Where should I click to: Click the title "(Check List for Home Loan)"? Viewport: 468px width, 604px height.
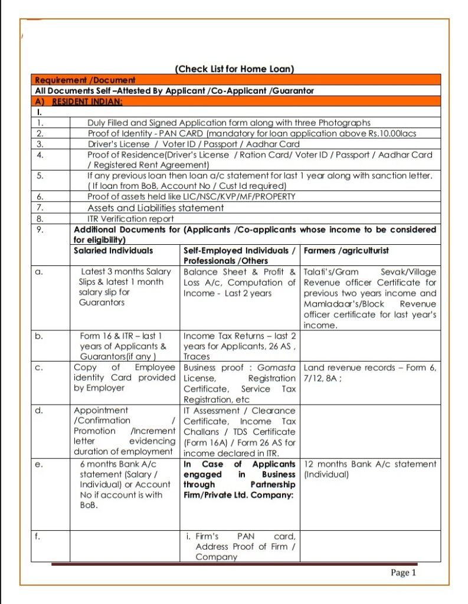click(x=234, y=69)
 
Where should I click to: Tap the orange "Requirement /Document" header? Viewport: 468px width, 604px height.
click(x=85, y=80)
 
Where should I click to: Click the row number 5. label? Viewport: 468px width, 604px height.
click(x=40, y=175)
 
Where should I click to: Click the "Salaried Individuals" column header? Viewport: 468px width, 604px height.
click(x=113, y=250)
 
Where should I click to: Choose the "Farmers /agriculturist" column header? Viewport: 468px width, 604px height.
click(x=346, y=250)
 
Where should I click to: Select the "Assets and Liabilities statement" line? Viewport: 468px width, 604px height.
click(x=156, y=208)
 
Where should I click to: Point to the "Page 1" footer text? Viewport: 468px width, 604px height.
click(x=404, y=572)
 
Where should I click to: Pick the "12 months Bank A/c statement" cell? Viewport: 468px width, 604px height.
click(x=370, y=469)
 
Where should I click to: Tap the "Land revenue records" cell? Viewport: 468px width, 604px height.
click(x=370, y=373)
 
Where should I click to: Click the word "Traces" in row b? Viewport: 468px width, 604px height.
click(x=197, y=357)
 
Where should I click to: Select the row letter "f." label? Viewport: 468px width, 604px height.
click(x=39, y=536)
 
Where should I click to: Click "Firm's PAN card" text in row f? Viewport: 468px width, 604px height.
click(x=245, y=536)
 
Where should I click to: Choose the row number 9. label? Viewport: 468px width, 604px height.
click(x=40, y=229)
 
